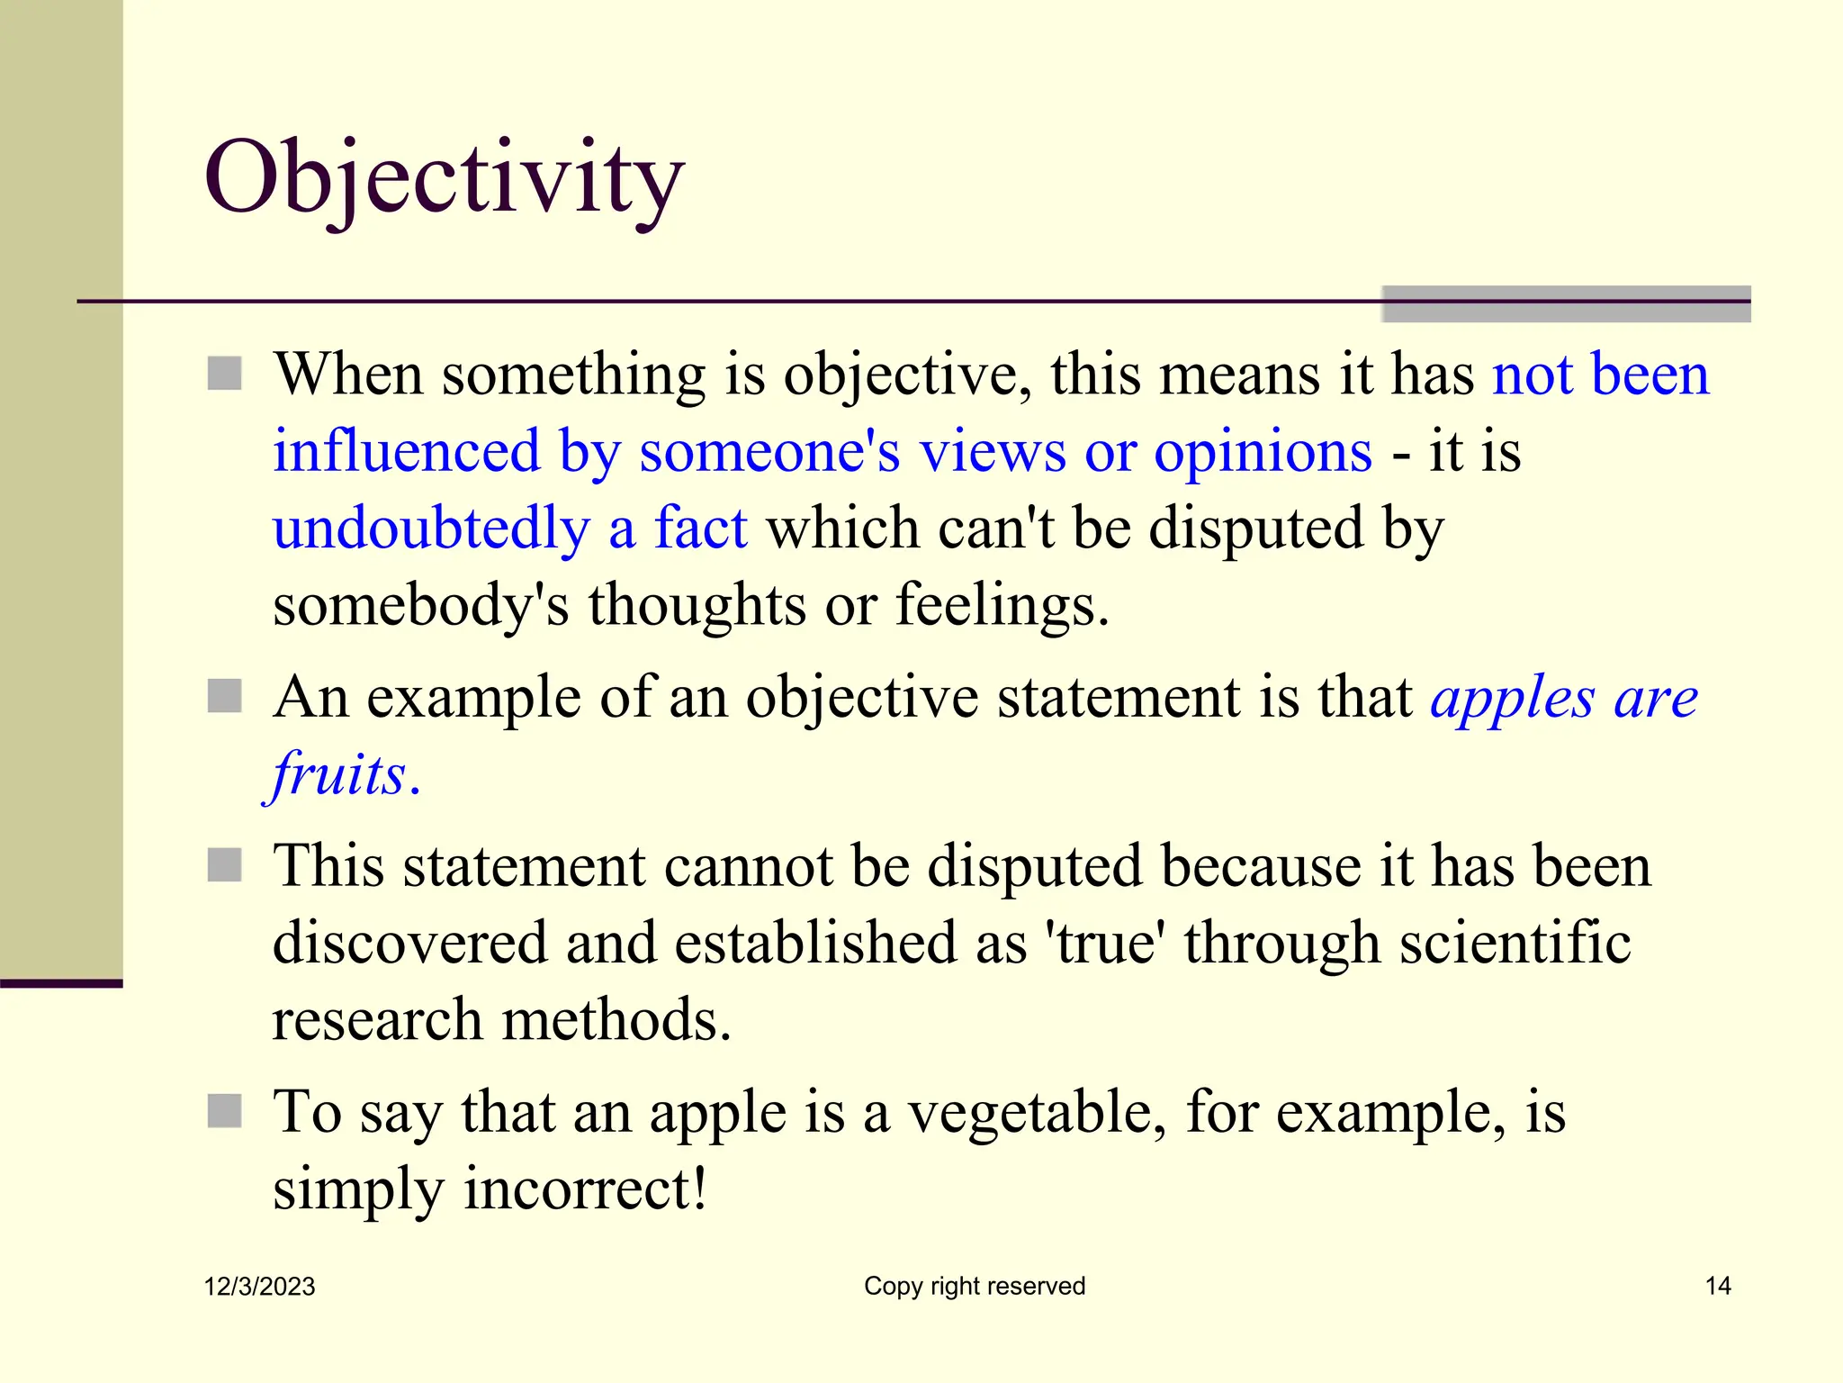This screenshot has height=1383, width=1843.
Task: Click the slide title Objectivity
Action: [x=445, y=178]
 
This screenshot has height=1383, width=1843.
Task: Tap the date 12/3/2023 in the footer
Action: [x=259, y=1287]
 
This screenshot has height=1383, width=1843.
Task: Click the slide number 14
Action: [x=1718, y=1286]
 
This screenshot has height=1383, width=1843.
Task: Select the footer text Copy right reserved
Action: [x=975, y=1286]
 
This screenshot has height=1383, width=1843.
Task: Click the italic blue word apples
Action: [x=1513, y=699]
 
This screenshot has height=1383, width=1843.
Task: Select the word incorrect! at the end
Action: [x=585, y=1189]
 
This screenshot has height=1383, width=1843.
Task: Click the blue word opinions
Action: [x=1263, y=453]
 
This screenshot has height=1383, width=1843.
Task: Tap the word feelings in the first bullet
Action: [x=1002, y=605]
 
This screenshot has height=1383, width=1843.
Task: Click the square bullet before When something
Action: [x=224, y=373]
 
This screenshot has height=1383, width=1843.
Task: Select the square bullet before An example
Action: [x=224, y=696]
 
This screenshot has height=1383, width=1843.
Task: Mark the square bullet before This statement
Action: [x=224, y=865]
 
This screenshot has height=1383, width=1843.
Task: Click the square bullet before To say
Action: [x=224, y=1111]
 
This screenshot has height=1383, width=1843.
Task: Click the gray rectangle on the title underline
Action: [x=1566, y=304]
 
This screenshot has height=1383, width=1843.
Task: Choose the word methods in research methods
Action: [x=616, y=1021]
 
